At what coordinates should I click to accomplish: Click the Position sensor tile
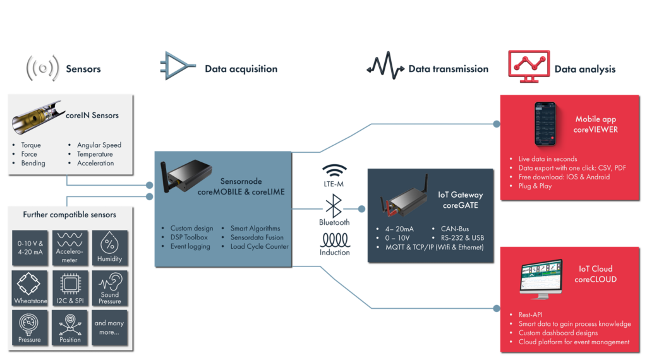[x=70, y=327]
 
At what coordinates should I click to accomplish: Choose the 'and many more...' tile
[x=110, y=327]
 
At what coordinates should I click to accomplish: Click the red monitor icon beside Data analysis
[x=529, y=66]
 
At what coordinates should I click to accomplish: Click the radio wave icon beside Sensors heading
[x=43, y=68]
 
